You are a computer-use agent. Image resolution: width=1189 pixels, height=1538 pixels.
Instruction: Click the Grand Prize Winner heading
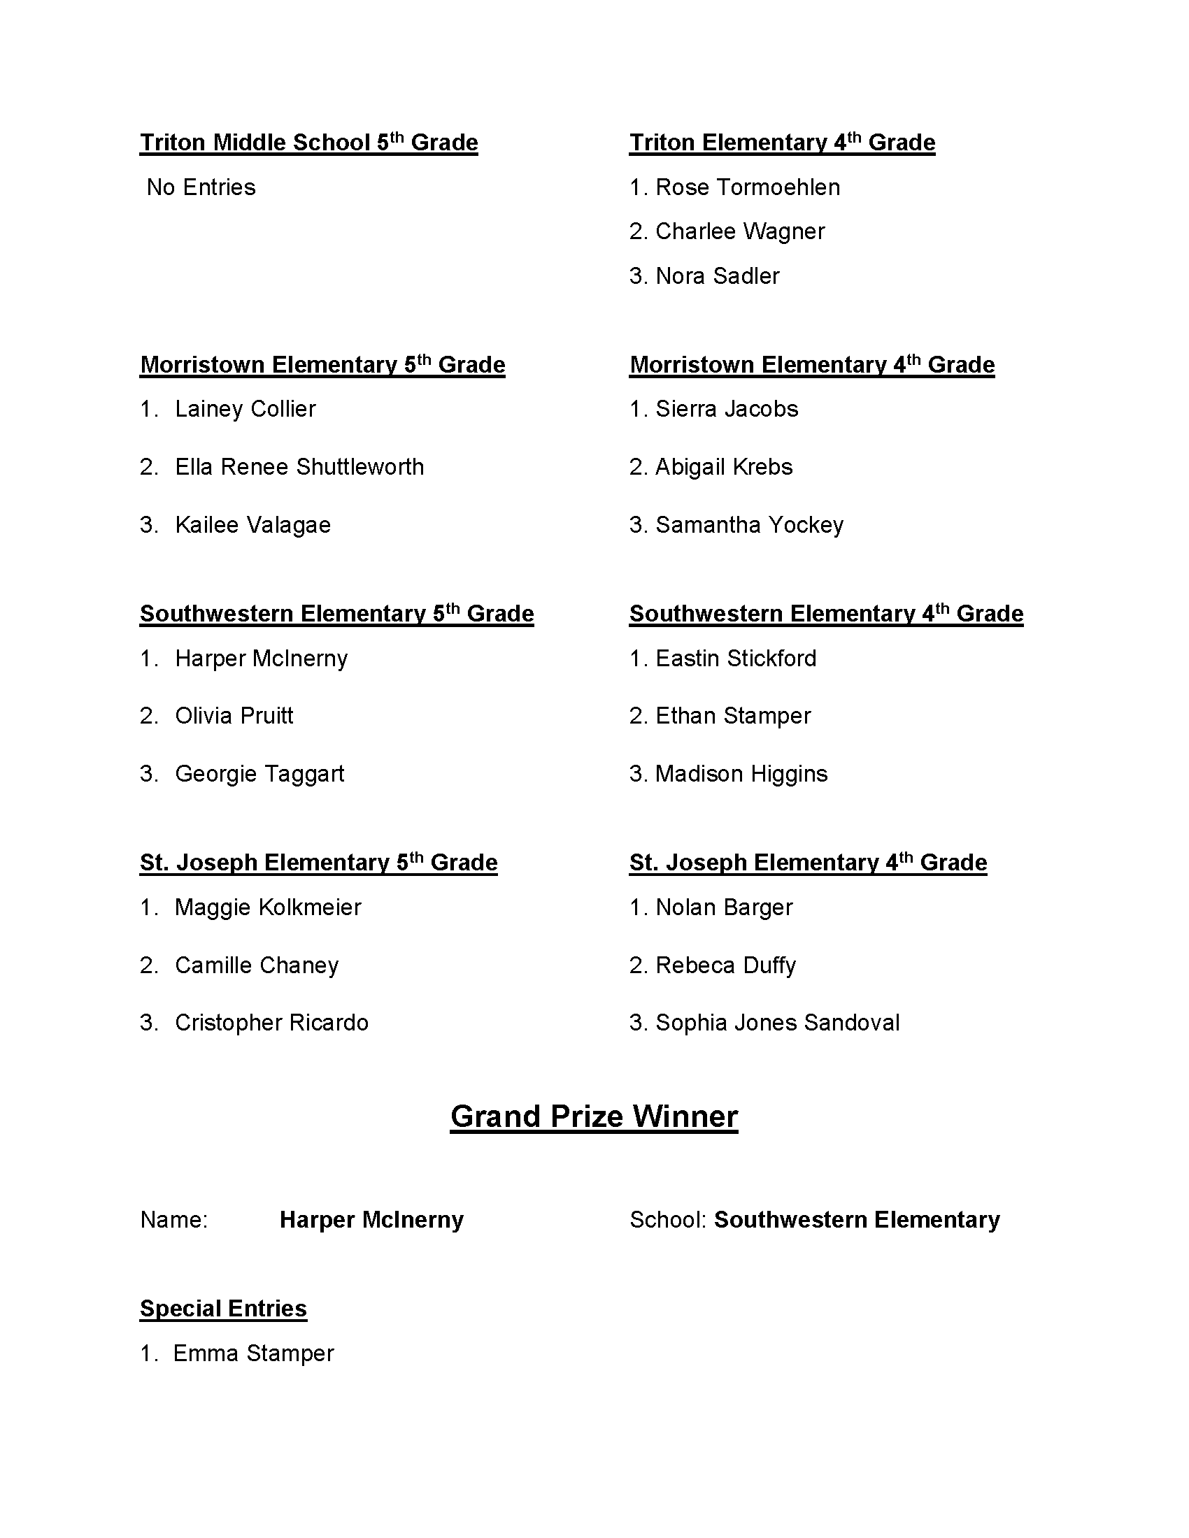[x=594, y=1117]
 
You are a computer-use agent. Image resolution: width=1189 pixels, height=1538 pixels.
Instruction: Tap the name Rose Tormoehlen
[x=748, y=187]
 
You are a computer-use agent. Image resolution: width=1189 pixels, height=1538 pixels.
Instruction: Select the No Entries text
[x=201, y=187]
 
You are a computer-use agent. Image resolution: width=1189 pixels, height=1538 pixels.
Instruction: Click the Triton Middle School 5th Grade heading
[x=308, y=143]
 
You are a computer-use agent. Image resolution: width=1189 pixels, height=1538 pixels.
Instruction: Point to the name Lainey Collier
[x=245, y=409]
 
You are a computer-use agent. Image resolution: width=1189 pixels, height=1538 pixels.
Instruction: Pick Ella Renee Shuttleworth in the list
[x=299, y=467]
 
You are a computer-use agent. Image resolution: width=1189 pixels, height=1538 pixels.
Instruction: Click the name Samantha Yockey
[x=749, y=525]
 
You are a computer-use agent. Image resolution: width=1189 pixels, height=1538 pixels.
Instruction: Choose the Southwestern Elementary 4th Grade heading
[x=826, y=614]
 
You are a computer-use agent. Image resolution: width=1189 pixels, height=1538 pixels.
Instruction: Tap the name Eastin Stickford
[x=735, y=659]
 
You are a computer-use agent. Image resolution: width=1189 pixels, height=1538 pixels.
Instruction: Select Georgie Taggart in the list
[x=259, y=774]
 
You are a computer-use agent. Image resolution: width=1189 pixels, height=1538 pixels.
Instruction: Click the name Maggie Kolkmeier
[x=268, y=907]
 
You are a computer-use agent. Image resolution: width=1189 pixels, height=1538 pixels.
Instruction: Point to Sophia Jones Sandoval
[x=777, y=1023]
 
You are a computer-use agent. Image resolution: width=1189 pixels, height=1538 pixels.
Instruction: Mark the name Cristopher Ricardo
[x=271, y=1023]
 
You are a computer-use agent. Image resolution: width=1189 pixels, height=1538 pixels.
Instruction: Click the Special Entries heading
[x=223, y=1309]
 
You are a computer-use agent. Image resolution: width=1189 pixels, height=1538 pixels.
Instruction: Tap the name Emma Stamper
[x=254, y=1353]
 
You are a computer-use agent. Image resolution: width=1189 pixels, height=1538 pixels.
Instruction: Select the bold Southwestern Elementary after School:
[x=857, y=1221]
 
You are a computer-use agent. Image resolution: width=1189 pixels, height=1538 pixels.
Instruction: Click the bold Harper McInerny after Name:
[x=371, y=1221]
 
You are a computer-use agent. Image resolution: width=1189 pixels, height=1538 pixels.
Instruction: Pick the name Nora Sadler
[x=717, y=276]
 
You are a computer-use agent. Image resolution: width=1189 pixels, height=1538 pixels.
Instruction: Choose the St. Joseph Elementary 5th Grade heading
[x=318, y=863]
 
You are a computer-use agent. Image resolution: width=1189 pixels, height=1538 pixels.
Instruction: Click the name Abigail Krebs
[x=723, y=467]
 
